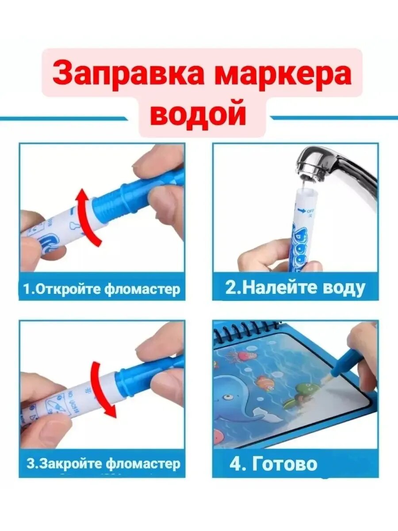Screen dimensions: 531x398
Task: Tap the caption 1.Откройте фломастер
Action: (x=102, y=289)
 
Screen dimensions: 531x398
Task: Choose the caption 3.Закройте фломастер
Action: (x=103, y=463)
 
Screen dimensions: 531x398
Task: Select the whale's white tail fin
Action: (x=265, y=414)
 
